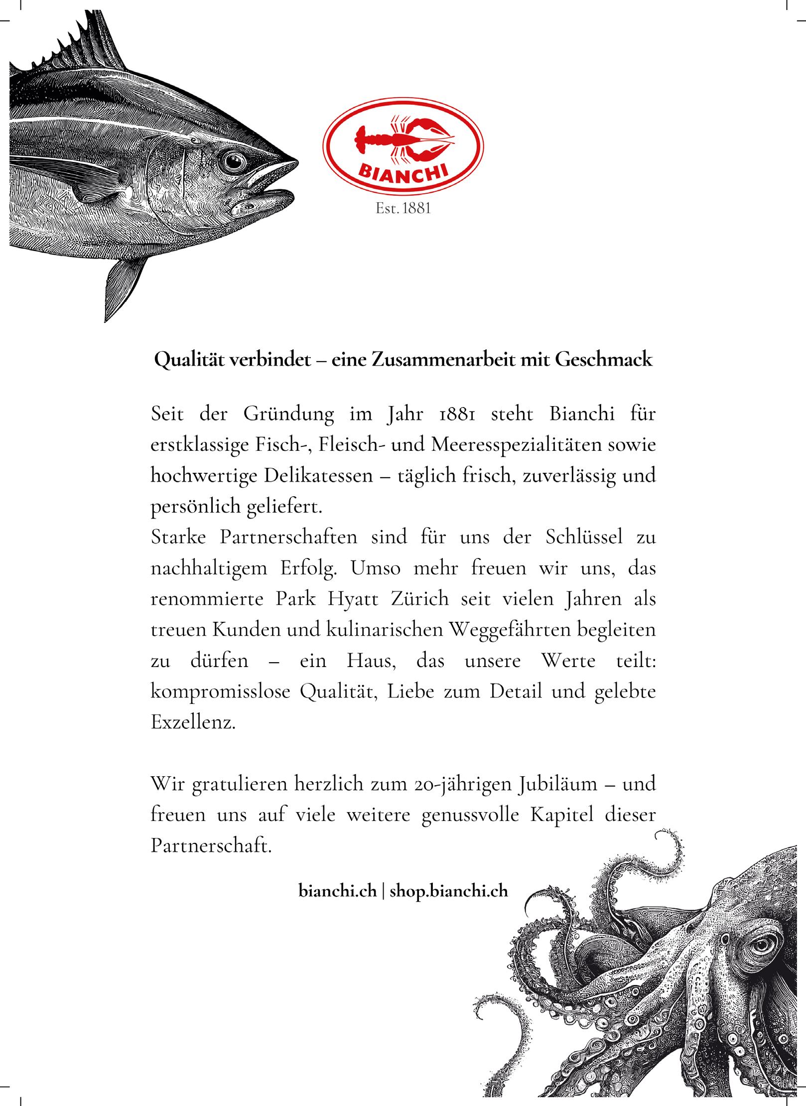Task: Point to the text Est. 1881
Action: (403, 208)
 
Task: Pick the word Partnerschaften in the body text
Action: (288, 538)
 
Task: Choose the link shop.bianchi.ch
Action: (448, 891)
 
